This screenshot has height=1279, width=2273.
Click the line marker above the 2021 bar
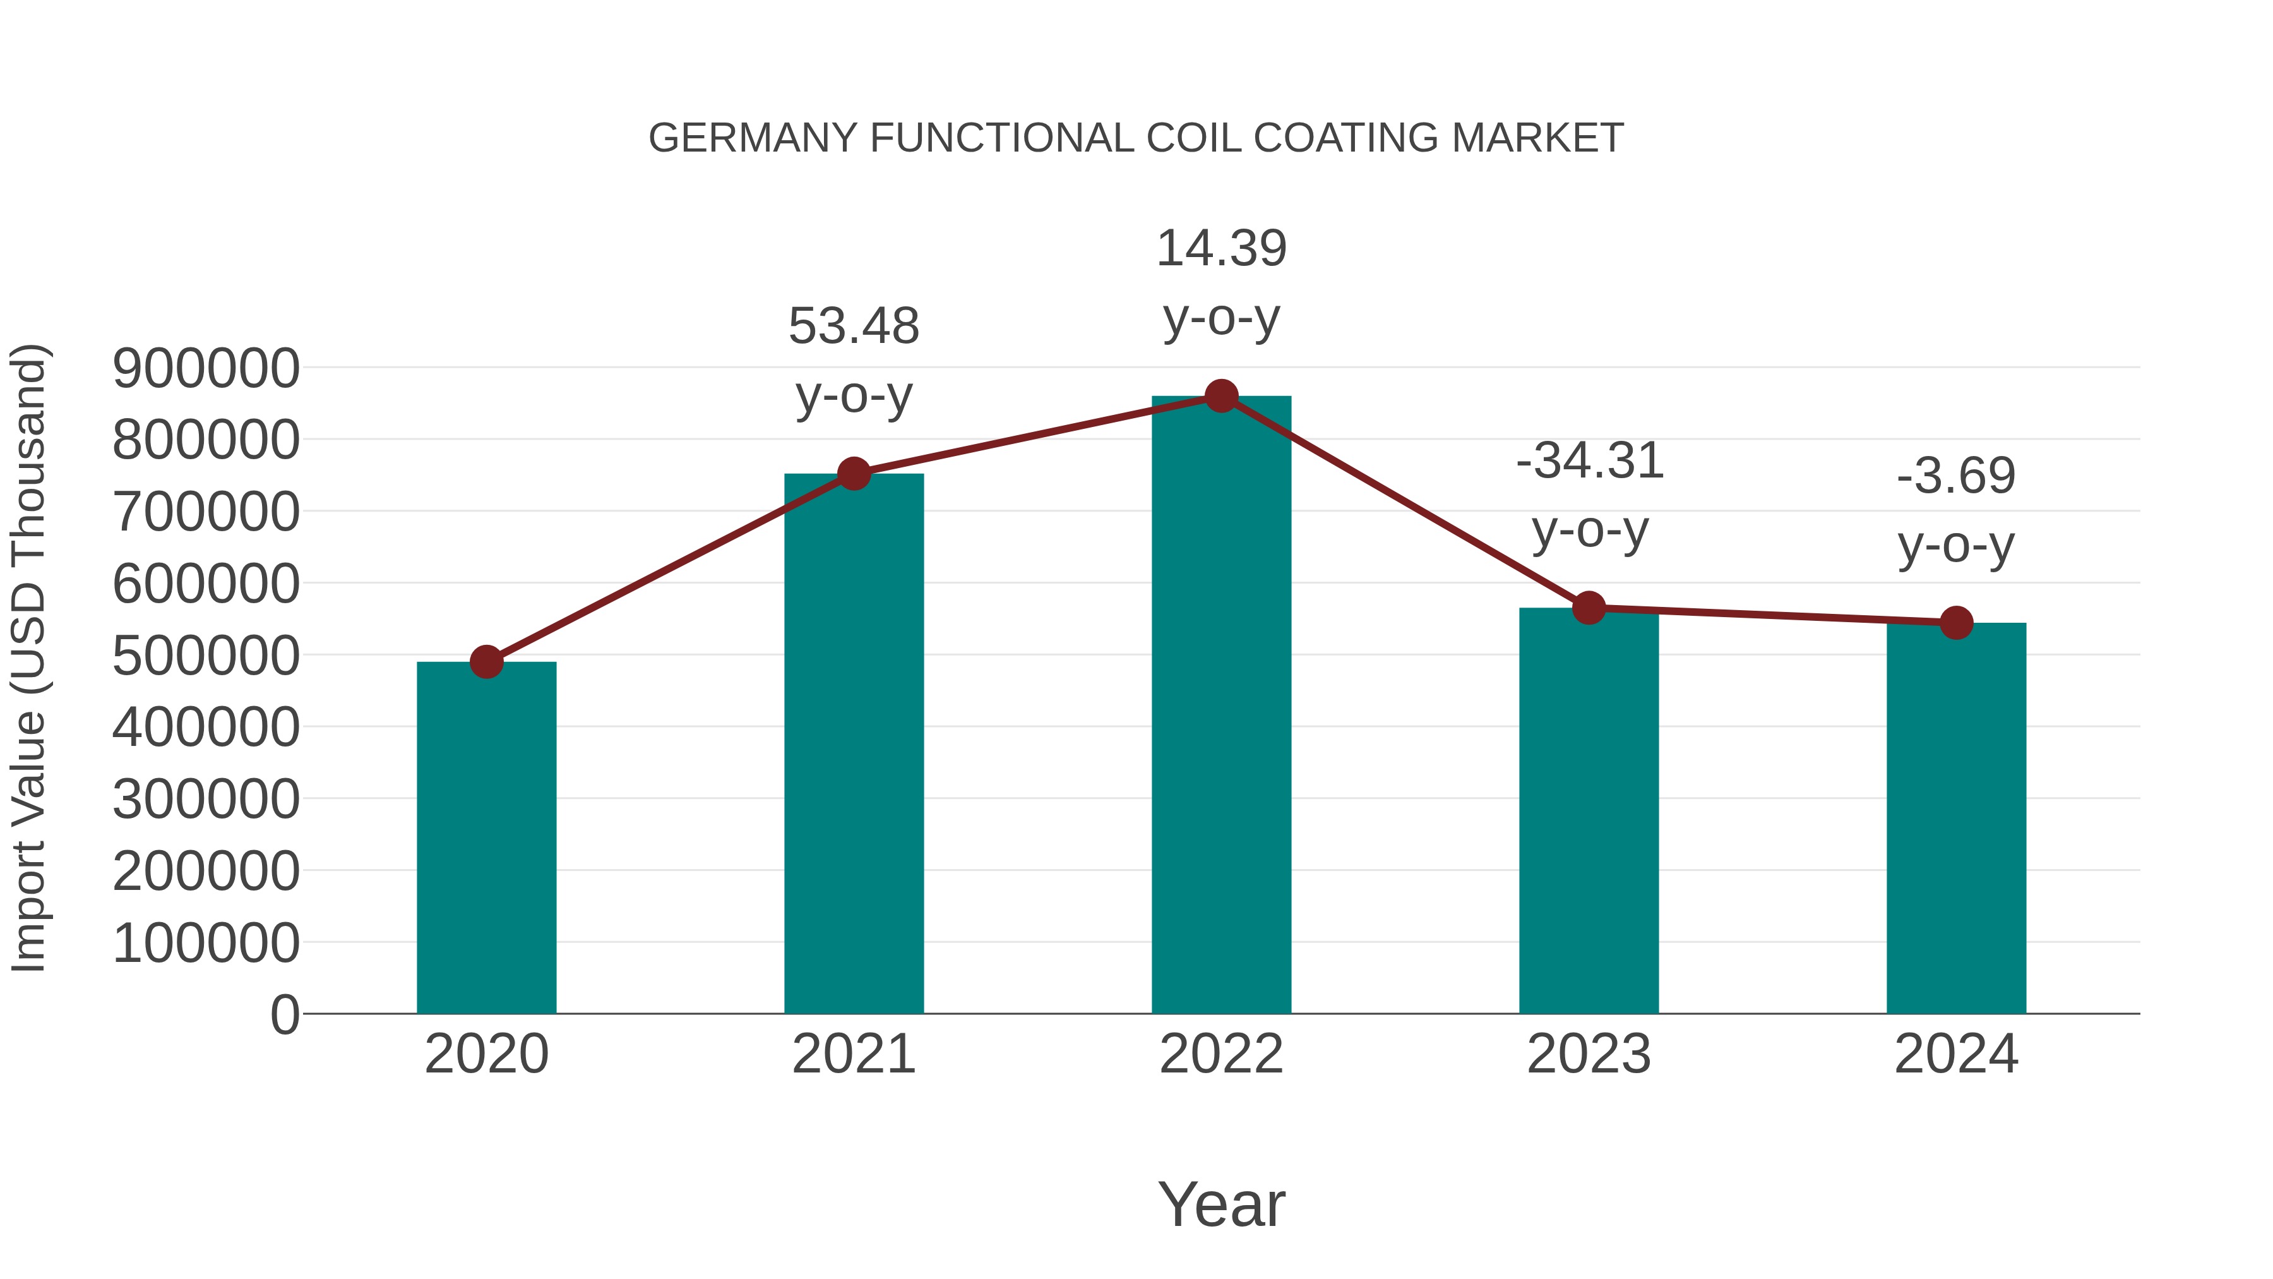click(853, 474)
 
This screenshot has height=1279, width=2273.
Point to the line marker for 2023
click(1589, 608)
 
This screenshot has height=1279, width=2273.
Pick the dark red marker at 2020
click(486, 661)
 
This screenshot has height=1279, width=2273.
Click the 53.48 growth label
click(853, 326)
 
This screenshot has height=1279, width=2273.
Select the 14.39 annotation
click(1221, 248)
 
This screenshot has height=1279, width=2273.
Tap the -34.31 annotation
click(1589, 461)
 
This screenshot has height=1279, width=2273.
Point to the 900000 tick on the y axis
click(206, 368)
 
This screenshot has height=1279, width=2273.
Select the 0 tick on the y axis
click(284, 1014)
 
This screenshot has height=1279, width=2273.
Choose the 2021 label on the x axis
click(853, 1054)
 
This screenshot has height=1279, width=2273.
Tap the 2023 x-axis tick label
click(1589, 1054)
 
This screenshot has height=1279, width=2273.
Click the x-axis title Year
click(1221, 1204)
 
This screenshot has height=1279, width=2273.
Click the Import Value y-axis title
click(28, 658)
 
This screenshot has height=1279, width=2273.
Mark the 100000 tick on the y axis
click(206, 943)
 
